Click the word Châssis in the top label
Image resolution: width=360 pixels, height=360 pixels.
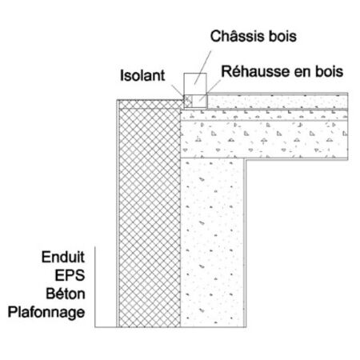238,36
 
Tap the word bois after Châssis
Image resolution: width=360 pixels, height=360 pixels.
282,36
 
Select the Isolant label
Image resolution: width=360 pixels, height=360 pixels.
142,75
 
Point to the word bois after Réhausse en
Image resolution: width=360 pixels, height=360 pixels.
329,71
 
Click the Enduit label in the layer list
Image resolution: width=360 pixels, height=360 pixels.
63,257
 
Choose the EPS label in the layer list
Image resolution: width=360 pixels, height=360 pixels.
70,275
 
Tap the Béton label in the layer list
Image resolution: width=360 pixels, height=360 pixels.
66,294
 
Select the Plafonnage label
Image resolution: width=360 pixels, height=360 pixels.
46,312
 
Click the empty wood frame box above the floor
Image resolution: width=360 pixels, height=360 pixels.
195,84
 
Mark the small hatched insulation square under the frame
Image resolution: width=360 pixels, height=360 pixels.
188,102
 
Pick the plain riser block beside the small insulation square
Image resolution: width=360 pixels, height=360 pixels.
200,102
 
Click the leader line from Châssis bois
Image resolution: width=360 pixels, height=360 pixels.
202,67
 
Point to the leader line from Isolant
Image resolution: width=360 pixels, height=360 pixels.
178,91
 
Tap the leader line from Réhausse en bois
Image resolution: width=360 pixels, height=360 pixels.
210,90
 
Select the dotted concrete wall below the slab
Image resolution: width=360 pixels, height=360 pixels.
213,242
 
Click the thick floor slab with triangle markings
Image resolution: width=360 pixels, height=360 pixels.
264,139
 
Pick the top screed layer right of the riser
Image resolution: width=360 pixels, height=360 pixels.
278,102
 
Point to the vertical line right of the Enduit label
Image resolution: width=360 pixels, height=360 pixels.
95,286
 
